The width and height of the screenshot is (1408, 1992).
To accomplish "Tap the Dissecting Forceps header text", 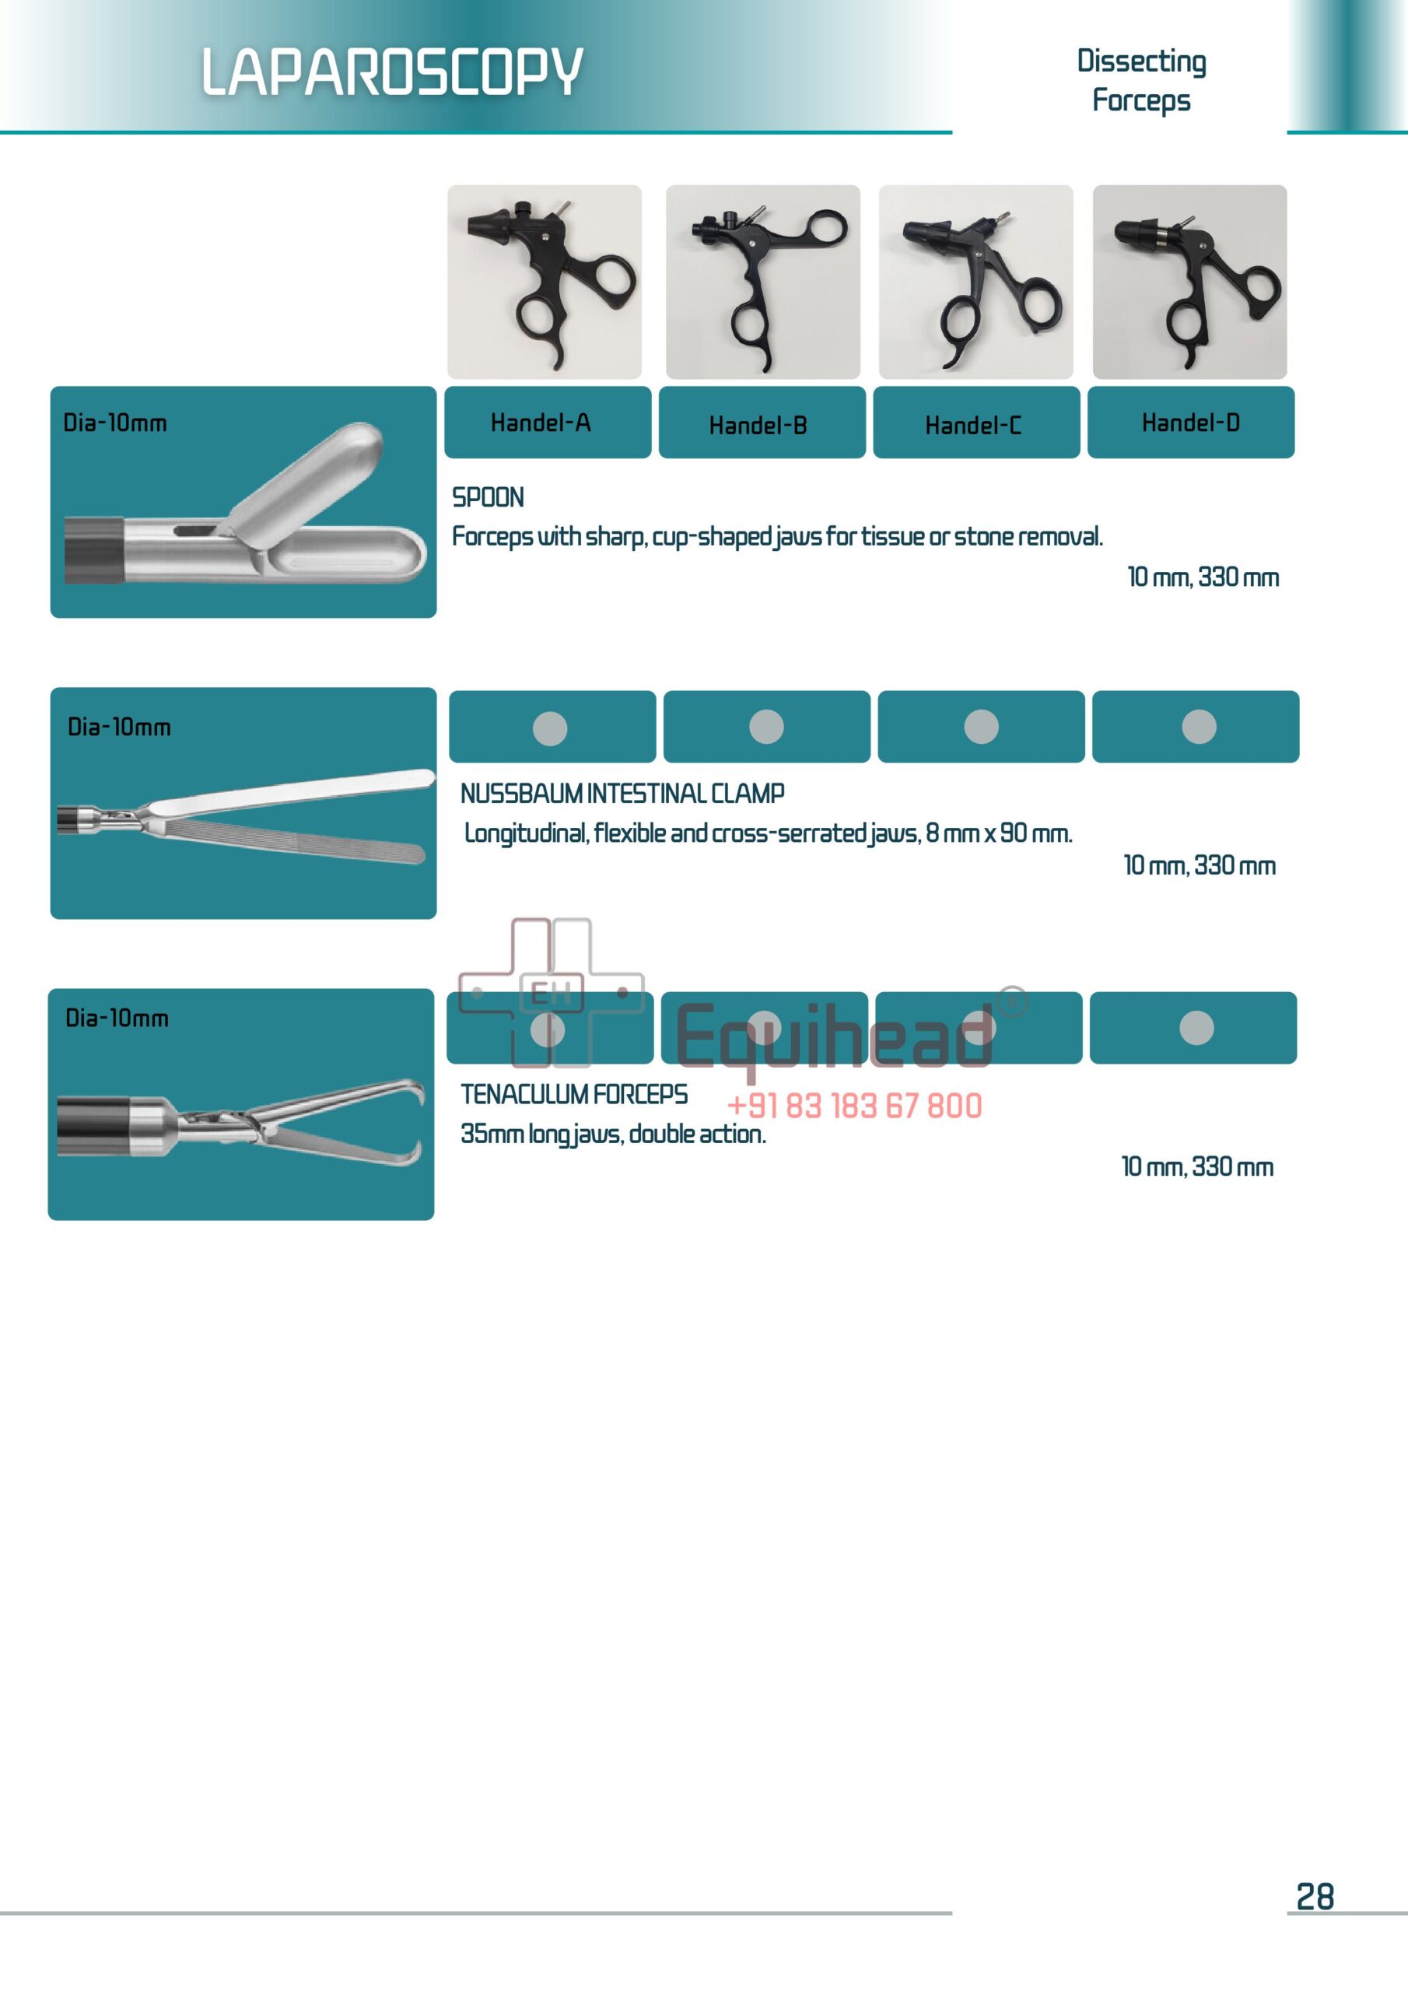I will click(x=1141, y=80).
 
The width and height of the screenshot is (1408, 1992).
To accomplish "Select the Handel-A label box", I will click(x=548, y=423).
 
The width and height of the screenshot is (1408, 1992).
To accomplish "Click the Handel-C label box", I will click(x=976, y=423).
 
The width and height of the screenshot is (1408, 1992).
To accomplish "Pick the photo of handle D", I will click(x=1189, y=282).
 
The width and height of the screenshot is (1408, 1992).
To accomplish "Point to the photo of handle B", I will click(x=762, y=282).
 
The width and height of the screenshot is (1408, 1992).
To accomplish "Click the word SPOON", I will click(x=488, y=498).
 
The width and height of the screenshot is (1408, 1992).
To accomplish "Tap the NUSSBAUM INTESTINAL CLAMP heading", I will click(x=622, y=794).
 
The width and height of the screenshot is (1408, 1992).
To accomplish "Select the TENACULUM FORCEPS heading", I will click(x=573, y=1095).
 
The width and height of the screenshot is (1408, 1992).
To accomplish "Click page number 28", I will click(x=1315, y=1897).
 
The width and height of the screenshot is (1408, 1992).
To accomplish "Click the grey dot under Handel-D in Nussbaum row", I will click(x=1198, y=727).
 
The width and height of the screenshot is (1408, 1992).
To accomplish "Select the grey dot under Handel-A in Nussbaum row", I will click(x=550, y=728).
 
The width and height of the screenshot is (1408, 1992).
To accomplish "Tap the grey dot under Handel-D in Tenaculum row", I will click(x=1196, y=1028).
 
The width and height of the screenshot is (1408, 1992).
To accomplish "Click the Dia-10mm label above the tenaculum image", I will click(x=117, y=1019).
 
